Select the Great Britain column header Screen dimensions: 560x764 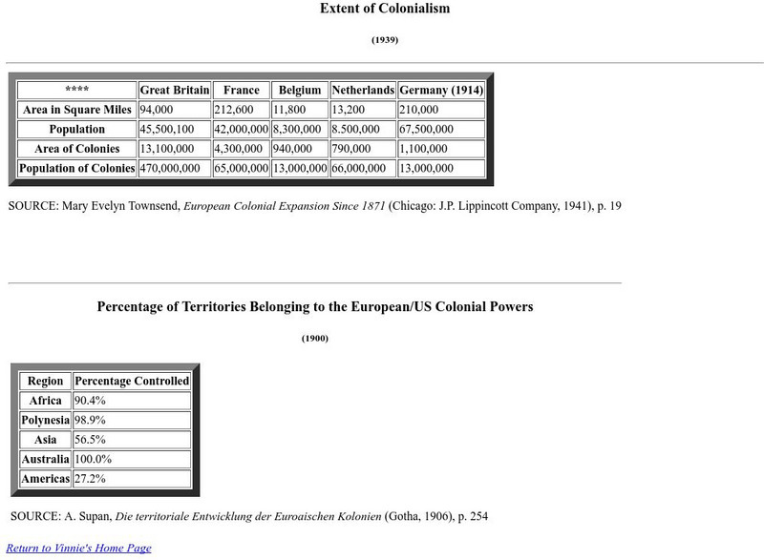174,91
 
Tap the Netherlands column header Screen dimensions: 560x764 363,91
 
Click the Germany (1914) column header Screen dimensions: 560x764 440,91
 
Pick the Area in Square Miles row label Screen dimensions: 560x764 77,110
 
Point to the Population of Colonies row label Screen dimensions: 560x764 77,168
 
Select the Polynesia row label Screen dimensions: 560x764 46,421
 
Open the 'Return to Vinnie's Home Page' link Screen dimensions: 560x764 78,549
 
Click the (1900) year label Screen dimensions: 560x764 315,339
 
